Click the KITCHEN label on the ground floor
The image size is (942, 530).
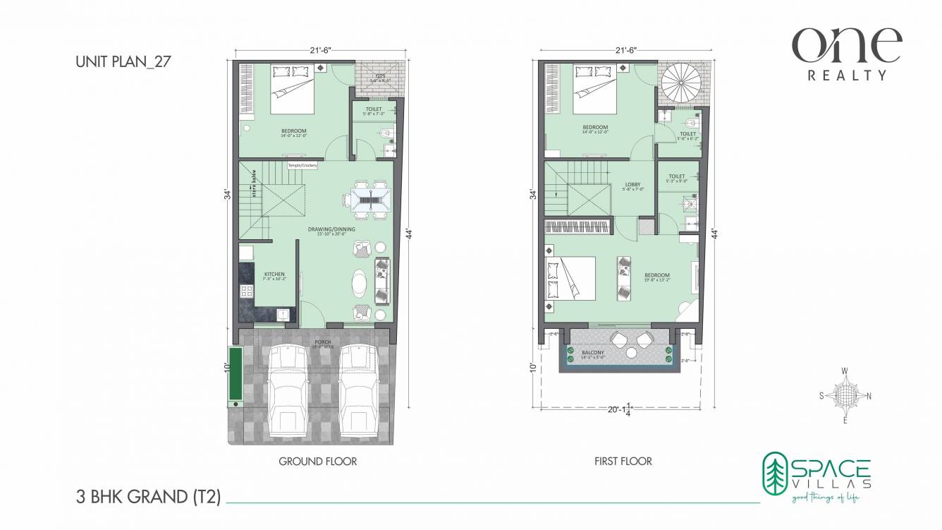click(274, 274)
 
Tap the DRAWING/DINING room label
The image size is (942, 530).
click(331, 229)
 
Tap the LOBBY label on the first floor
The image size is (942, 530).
click(633, 184)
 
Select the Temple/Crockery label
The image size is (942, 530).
click(302, 165)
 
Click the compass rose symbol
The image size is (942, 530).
click(845, 395)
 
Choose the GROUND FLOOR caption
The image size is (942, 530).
click(317, 462)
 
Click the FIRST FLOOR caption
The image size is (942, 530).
click(623, 462)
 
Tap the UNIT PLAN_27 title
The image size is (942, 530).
click(123, 61)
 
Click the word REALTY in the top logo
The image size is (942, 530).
click(847, 75)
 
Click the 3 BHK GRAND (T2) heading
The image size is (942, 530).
click(148, 497)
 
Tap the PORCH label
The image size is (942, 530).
click(323, 343)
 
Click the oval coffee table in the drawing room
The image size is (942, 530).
click(359, 282)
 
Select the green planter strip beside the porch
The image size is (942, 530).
click(233, 373)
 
